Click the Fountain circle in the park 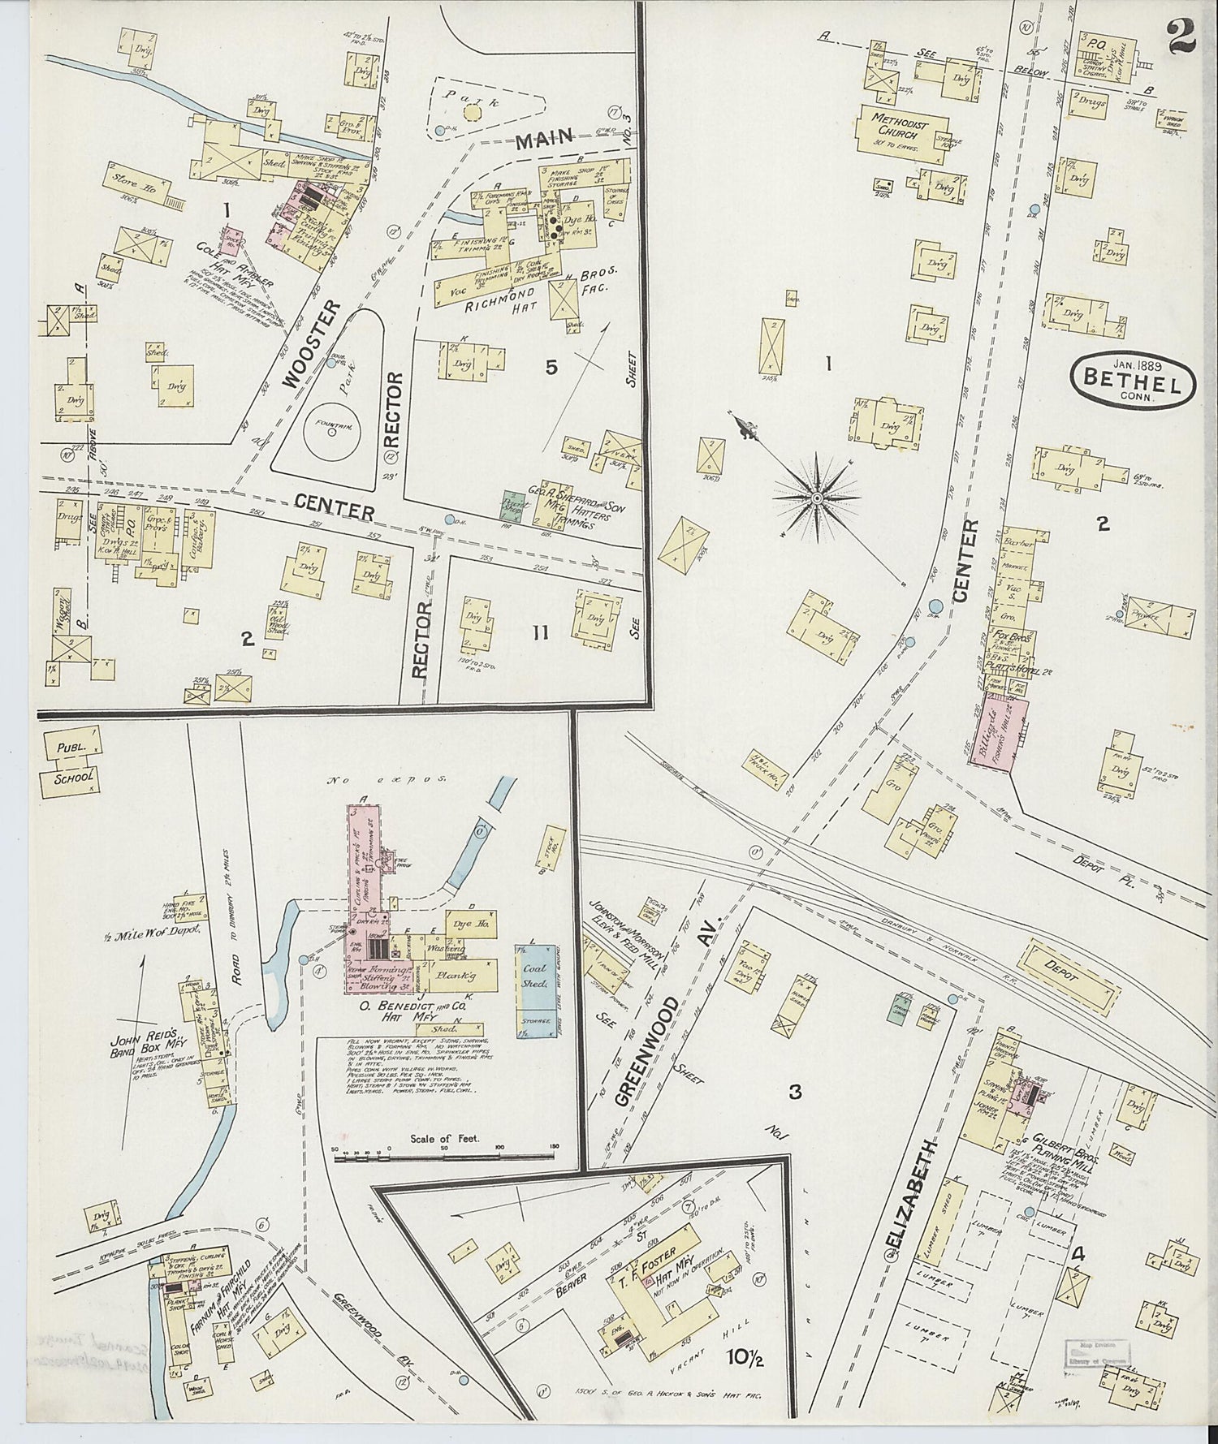click(x=332, y=432)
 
